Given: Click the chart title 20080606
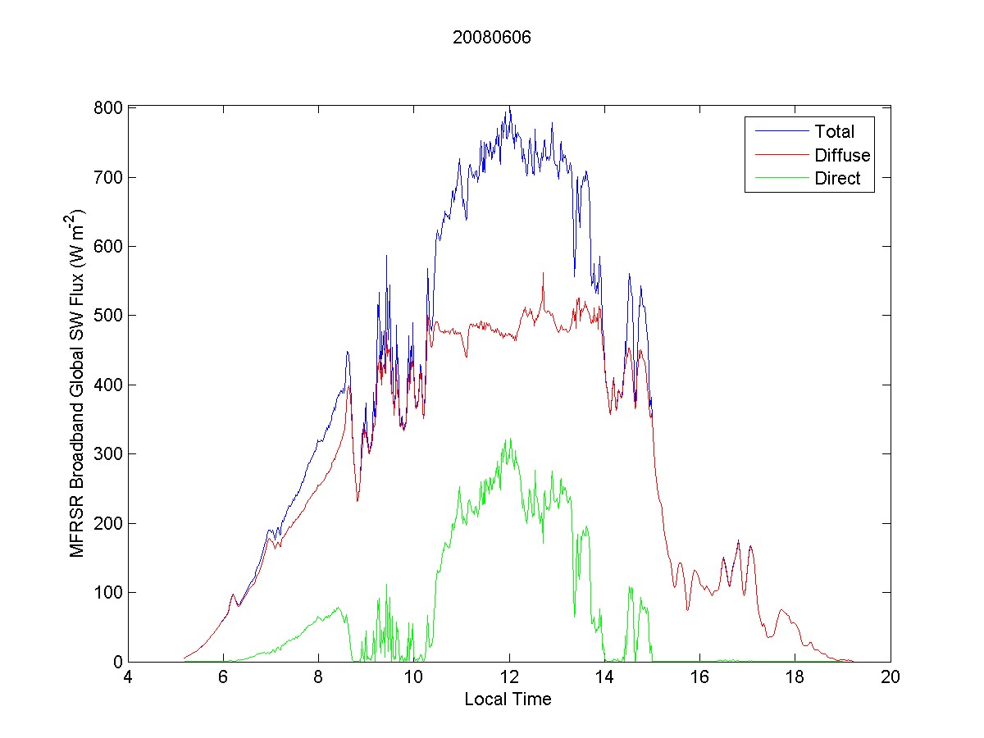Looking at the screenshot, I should click(492, 38).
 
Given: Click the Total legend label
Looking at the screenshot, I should click(834, 131).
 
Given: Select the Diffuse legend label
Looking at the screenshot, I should click(842, 155).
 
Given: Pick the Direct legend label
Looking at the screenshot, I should click(837, 180).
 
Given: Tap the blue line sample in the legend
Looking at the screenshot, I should click(778, 131).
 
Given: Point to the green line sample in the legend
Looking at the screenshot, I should click(778, 180).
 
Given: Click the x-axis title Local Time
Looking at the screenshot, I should click(508, 699).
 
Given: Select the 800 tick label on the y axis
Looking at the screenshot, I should click(109, 108).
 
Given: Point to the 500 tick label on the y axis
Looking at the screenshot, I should click(109, 316).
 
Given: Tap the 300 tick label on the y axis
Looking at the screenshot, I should click(109, 454).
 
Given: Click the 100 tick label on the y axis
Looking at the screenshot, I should click(109, 592).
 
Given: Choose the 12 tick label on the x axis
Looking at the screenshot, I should click(509, 678).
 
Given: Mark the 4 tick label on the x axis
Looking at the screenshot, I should click(128, 678).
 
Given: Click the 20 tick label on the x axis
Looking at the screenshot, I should click(891, 678).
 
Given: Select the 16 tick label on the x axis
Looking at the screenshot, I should click(699, 678).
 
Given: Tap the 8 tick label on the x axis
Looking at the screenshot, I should click(318, 678).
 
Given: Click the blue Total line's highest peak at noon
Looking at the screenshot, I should click(509, 107).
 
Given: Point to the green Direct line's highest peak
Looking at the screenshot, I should click(510, 439).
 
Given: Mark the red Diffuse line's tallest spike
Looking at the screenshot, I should click(543, 273).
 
